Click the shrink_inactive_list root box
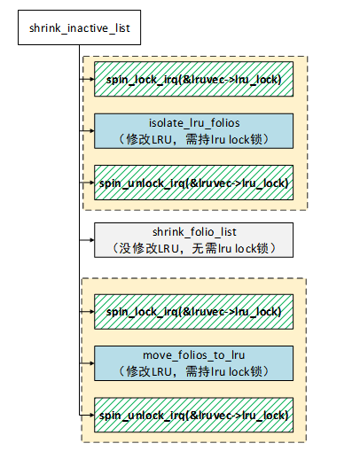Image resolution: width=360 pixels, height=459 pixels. tap(79, 27)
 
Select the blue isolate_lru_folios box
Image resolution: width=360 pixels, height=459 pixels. tap(193, 131)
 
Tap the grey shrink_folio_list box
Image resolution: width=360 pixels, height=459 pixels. tap(193, 240)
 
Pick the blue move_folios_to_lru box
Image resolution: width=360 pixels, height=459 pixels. tap(193, 363)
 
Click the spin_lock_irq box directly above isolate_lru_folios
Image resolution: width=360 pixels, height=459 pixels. tap(193, 79)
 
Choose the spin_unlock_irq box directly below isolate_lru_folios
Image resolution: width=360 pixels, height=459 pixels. tap(193, 183)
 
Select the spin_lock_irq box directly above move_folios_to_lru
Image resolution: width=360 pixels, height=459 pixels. tap(193, 311)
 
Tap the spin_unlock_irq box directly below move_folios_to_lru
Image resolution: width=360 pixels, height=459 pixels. tap(193, 415)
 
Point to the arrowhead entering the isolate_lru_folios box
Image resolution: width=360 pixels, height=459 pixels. tap(91, 130)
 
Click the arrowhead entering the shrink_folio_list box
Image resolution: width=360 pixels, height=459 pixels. tap(91, 240)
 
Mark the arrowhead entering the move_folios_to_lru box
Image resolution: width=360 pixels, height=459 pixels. tap(91, 363)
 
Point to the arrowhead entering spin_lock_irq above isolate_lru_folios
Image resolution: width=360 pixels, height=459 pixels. tap(91, 79)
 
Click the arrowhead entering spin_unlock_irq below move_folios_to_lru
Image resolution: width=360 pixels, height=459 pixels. tap(91, 415)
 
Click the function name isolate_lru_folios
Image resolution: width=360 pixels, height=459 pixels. tap(194, 123)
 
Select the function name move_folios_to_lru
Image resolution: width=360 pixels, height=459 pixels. tap(194, 355)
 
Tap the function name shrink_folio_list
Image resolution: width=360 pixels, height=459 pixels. tap(194, 232)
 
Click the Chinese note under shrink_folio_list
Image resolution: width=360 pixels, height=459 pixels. tap(194, 248)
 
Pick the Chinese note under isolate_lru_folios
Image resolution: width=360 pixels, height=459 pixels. tap(194, 139)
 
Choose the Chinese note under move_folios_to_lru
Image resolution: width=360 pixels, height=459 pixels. tap(194, 371)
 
